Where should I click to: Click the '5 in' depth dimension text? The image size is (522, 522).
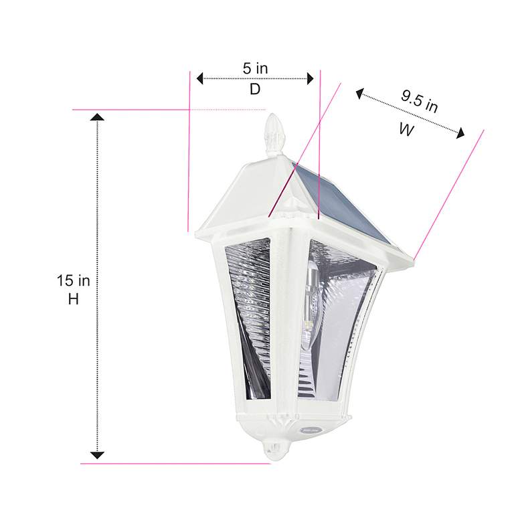(x=255, y=68)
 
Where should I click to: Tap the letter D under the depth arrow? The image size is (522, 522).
(x=255, y=89)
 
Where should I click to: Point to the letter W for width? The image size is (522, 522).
(x=406, y=130)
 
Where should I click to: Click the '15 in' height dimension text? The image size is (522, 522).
(x=74, y=280)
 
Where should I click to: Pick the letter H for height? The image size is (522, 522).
(x=74, y=300)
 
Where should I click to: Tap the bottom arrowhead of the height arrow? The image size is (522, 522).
(x=98, y=455)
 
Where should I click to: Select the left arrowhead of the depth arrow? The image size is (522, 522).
(x=199, y=79)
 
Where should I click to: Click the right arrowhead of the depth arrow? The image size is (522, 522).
(x=311, y=79)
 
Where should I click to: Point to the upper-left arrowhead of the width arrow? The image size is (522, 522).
(x=359, y=94)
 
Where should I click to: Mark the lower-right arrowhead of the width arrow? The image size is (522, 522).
(x=460, y=135)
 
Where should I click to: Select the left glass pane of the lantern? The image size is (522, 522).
(x=248, y=321)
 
